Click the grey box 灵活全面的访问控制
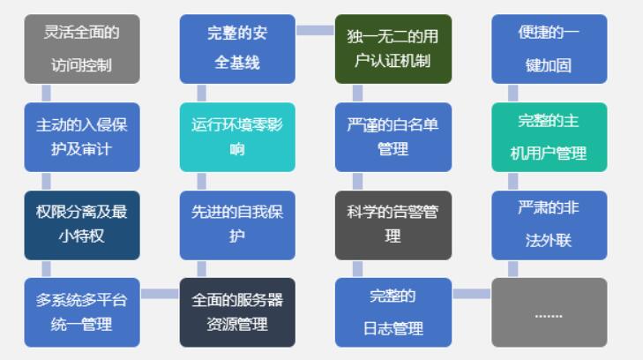tap(81, 49)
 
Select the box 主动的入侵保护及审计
tap(81, 137)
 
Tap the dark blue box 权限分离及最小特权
tap(81, 225)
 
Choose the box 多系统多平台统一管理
tap(81, 312)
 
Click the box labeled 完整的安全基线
tap(237, 49)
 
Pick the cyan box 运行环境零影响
tap(237, 137)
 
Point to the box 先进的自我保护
tap(237, 225)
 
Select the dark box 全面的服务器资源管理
tap(237, 312)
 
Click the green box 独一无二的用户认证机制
tap(393, 49)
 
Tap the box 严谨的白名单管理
tap(393, 137)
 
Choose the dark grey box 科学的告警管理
tap(393, 225)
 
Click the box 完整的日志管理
tap(393, 312)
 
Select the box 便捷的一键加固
tap(549, 49)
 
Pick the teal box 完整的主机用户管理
tap(549, 137)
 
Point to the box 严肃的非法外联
tap(549, 225)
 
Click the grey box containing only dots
tap(549, 312)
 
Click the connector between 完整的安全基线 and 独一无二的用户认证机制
tap(315, 30)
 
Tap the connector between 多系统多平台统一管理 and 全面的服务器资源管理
tap(160, 294)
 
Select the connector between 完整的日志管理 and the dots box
tap(471, 294)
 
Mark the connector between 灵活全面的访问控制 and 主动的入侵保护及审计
tap(46, 93)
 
